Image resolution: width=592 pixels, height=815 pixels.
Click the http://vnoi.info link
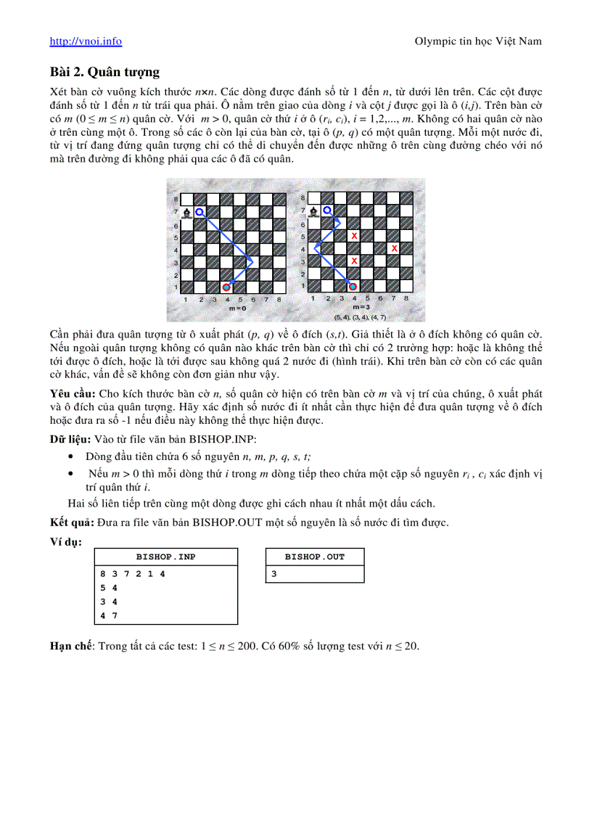tap(86, 41)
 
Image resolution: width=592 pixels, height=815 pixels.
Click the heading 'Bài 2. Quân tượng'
tap(104, 72)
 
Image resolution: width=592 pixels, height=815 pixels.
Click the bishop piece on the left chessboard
tap(187, 212)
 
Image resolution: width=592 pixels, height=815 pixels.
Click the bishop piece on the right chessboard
tap(313, 212)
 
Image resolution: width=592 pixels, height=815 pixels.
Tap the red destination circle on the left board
tap(226, 287)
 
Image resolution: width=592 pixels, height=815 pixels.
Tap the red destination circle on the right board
tap(353, 287)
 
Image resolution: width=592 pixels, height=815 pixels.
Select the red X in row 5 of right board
tap(354, 236)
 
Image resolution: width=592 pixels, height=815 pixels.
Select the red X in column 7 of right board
tap(394, 248)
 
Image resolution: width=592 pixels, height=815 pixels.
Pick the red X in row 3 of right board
tap(354, 261)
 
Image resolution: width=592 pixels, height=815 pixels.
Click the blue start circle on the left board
tap(200, 211)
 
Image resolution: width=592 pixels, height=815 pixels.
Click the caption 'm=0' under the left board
tap(237, 308)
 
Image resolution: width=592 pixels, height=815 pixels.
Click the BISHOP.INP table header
tap(165, 557)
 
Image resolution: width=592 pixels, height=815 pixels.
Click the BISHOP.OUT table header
tap(314, 557)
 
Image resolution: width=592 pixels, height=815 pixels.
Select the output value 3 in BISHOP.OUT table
tap(274, 574)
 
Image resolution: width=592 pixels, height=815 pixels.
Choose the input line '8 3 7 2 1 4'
tap(133, 574)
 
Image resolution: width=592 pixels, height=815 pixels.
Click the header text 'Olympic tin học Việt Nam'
tap(477, 41)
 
